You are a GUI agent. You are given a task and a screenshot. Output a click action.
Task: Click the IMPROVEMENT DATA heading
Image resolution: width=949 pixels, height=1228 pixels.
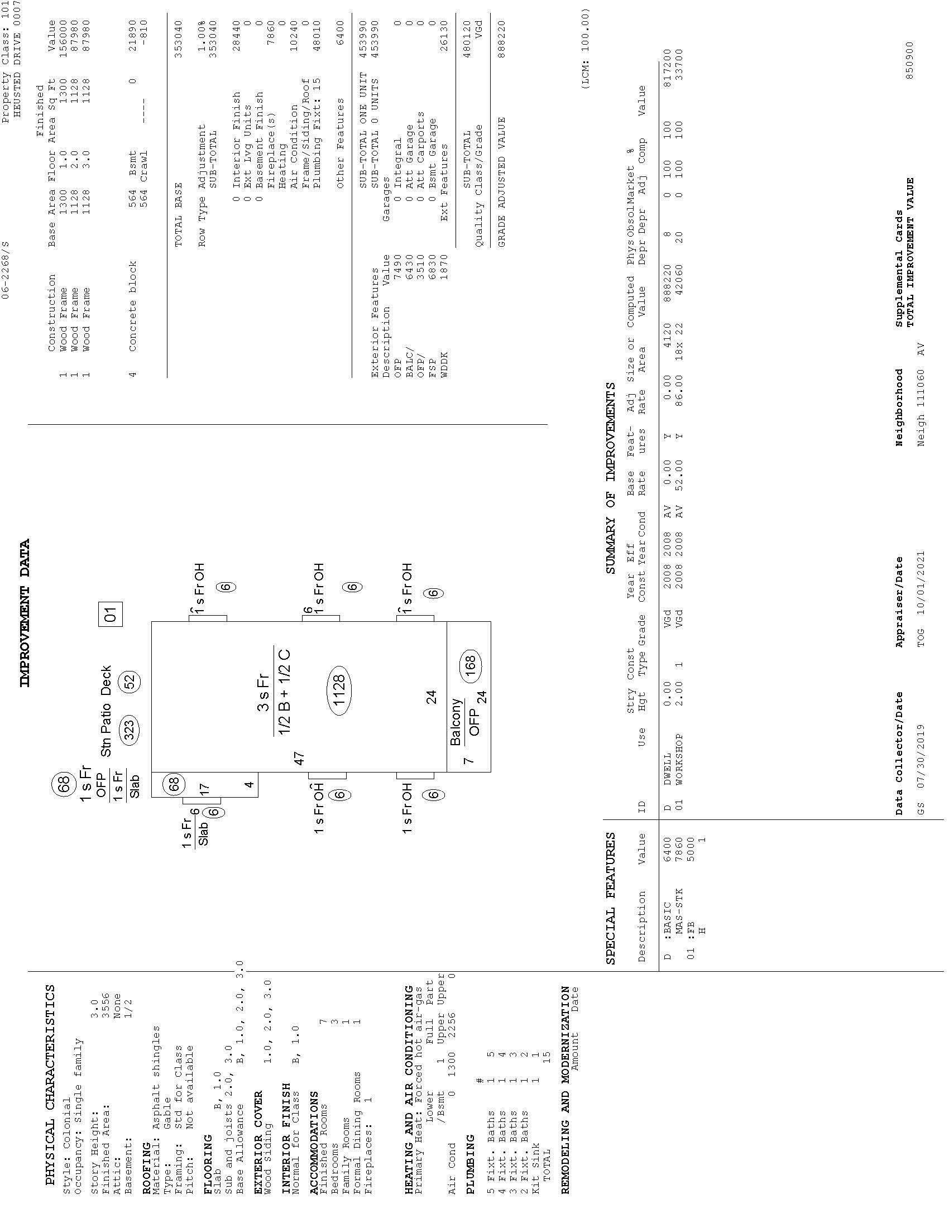pos(25,613)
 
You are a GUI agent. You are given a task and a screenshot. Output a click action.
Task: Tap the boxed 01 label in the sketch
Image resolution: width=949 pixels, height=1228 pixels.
pos(110,614)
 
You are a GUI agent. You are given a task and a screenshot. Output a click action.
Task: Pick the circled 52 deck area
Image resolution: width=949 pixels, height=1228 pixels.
pos(131,682)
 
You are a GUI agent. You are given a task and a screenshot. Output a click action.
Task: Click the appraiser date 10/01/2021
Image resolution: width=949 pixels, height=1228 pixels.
pos(921,588)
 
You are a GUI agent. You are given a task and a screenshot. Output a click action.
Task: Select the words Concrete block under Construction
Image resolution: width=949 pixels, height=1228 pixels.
pos(133,306)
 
